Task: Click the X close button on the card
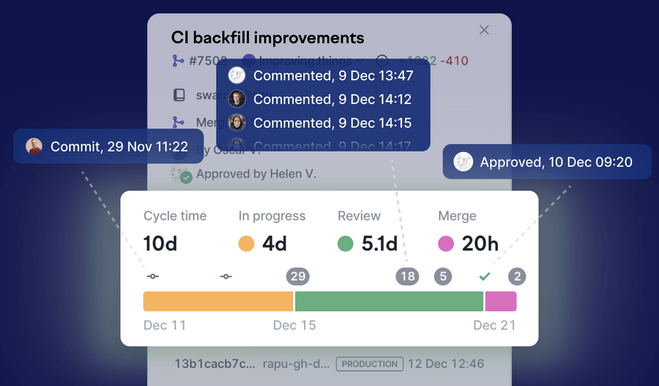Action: pyautogui.click(x=484, y=30)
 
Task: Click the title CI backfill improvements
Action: pyautogui.click(x=268, y=38)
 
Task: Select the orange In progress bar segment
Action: pyautogui.click(x=218, y=301)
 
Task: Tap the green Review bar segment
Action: pyautogui.click(x=389, y=301)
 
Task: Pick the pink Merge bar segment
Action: pyautogui.click(x=501, y=301)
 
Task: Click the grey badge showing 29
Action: pyautogui.click(x=298, y=277)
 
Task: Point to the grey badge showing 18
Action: pyautogui.click(x=407, y=277)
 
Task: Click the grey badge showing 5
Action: pyautogui.click(x=443, y=277)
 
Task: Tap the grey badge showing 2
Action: pyautogui.click(x=517, y=277)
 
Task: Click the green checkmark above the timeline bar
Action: pyautogui.click(x=484, y=277)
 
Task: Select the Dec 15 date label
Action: pyautogui.click(x=295, y=325)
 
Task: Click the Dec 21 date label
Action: pyautogui.click(x=494, y=325)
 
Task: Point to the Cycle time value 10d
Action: pyautogui.click(x=160, y=244)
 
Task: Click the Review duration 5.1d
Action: pyautogui.click(x=380, y=244)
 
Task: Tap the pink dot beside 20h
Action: pyautogui.click(x=446, y=244)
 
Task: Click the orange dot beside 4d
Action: pyautogui.click(x=246, y=244)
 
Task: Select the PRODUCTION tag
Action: pyautogui.click(x=369, y=364)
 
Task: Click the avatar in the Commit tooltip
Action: pyautogui.click(x=34, y=146)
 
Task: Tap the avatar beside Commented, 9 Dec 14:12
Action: pyautogui.click(x=237, y=99)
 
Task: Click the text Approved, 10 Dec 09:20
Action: pyautogui.click(x=556, y=162)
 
